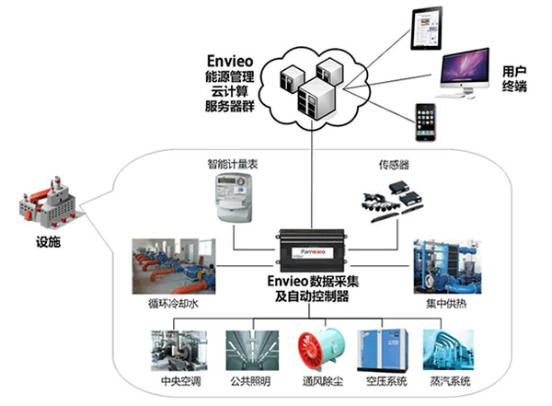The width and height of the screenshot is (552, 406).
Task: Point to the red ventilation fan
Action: point(314,351)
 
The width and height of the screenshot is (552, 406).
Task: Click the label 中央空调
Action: point(173,380)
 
